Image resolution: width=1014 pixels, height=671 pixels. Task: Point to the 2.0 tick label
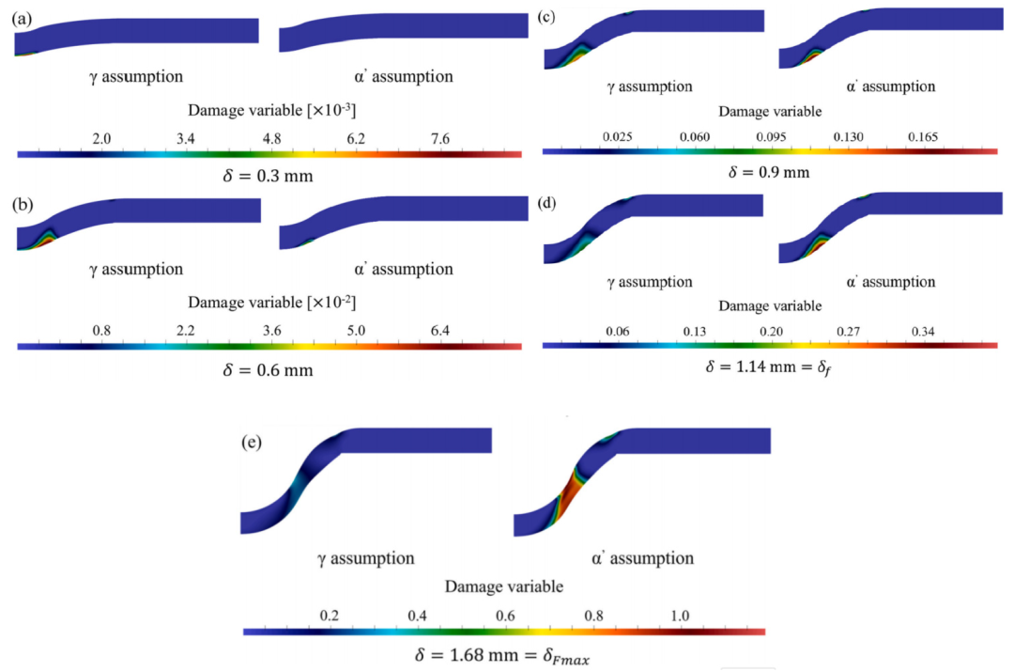pyautogui.click(x=101, y=139)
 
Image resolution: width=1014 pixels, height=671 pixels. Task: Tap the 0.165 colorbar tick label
pyautogui.click(x=926, y=136)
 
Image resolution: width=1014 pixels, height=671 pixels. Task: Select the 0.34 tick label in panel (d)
pyautogui.click(x=926, y=331)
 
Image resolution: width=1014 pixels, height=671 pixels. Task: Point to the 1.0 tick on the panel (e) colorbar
pyautogui.click(x=680, y=616)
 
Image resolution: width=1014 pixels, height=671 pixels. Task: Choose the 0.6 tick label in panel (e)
pyautogui.click(x=505, y=616)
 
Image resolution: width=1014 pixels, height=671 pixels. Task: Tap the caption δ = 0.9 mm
pyautogui.click(x=769, y=172)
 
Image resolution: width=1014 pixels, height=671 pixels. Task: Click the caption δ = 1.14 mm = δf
pyautogui.click(x=769, y=367)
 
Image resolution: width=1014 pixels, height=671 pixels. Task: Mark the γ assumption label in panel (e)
pyautogui.click(x=365, y=558)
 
